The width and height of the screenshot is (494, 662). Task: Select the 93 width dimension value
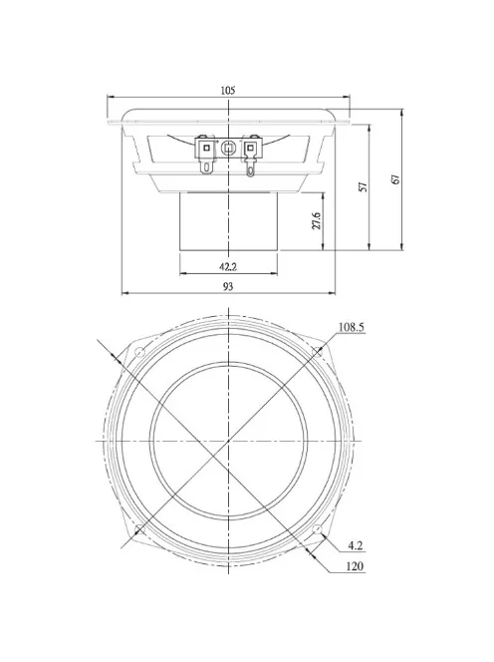(228, 286)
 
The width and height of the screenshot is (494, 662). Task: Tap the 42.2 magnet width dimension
(228, 266)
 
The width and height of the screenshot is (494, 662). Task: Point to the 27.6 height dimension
(317, 220)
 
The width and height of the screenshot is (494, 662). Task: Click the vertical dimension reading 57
(364, 186)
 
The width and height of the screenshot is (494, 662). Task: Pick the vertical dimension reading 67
(395, 179)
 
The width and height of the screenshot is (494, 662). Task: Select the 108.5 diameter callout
(352, 327)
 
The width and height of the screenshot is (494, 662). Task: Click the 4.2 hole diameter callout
(356, 545)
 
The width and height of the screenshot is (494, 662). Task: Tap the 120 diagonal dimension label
(355, 567)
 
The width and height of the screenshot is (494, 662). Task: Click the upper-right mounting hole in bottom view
(320, 351)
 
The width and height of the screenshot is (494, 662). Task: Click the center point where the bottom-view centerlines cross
(229, 440)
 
